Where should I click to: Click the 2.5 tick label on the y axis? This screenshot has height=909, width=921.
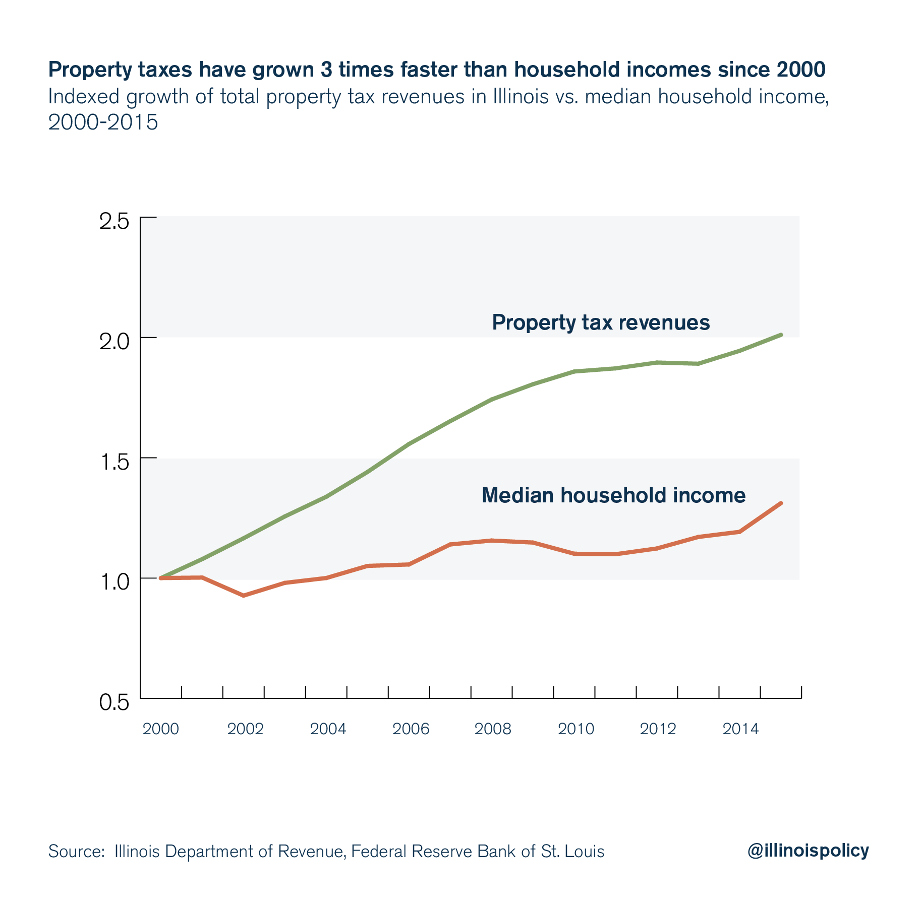[114, 222]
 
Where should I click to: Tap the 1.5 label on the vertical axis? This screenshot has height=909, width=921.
[114, 462]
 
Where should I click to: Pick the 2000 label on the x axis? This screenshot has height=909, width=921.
[161, 729]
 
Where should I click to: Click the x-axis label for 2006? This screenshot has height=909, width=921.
[411, 729]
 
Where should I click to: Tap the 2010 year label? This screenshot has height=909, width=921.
[576, 729]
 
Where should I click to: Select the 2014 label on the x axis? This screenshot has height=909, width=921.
[740, 729]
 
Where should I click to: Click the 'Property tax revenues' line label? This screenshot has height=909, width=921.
[601, 322]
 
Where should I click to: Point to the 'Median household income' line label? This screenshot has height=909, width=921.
[613, 495]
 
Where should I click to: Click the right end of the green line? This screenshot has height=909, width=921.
[780, 335]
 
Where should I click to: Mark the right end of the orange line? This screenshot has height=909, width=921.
[780, 503]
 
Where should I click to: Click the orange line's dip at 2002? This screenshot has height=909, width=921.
[244, 596]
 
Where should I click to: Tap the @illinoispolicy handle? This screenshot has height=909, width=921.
[808, 850]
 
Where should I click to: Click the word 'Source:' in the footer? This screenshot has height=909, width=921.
[76, 852]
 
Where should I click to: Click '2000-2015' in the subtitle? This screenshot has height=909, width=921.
[103, 122]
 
